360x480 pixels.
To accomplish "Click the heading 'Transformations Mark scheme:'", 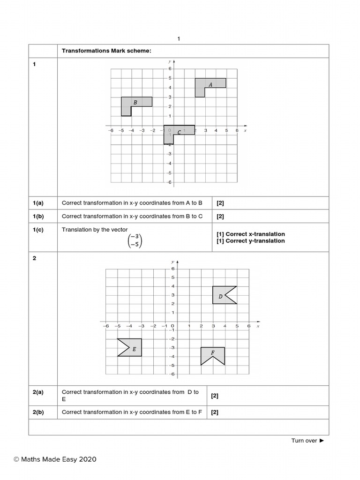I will [x=106, y=51].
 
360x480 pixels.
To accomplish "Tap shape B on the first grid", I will [x=136, y=102].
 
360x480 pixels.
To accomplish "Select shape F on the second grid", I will [x=213, y=353].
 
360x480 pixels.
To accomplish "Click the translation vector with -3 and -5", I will [x=135, y=240].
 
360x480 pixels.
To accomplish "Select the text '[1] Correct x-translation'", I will [x=250, y=234].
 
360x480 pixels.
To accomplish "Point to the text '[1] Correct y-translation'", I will [x=250, y=241].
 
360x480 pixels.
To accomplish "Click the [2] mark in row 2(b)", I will [x=215, y=412].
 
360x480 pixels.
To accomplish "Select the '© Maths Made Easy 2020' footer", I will [x=55, y=459].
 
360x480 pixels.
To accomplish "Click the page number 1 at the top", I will [x=179, y=39].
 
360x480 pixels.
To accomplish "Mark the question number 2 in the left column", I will [x=34, y=258].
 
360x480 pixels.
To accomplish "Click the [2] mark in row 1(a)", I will [x=220, y=203].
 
